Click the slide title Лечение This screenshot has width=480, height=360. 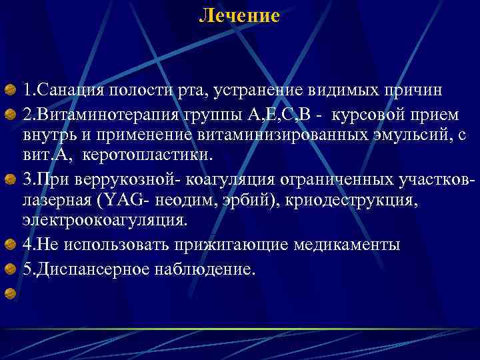pos(239,15)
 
